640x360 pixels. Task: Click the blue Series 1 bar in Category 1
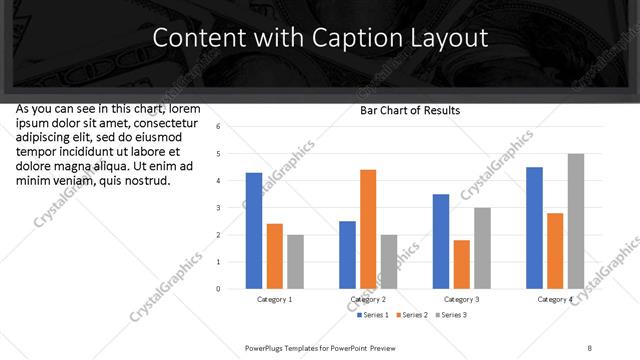click(254, 231)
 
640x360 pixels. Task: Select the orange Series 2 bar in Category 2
click(368, 229)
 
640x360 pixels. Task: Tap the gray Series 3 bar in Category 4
click(576, 221)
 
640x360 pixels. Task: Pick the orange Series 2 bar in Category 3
click(461, 264)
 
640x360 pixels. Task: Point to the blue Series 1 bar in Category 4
click(534, 228)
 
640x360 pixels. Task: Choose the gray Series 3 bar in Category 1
click(295, 262)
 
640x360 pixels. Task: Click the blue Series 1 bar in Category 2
click(347, 255)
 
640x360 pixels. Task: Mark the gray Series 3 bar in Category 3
click(482, 248)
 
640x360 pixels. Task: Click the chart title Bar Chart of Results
click(410, 111)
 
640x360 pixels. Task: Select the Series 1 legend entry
click(375, 315)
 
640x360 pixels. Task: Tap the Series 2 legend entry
click(414, 315)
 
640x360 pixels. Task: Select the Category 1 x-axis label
click(275, 299)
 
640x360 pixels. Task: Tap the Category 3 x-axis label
click(462, 299)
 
